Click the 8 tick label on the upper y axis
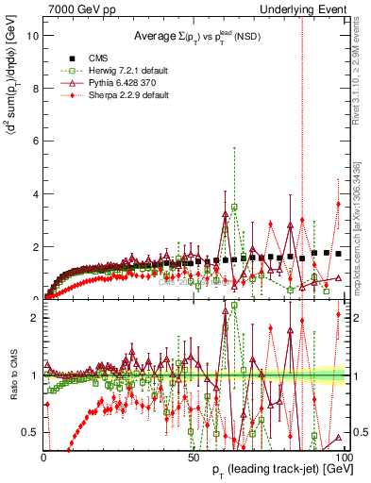tap(34, 89)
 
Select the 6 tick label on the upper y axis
tap(34, 142)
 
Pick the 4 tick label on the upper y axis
tap(34, 194)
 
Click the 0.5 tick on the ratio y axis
tap(29, 432)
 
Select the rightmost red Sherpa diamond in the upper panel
tap(338, 205)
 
